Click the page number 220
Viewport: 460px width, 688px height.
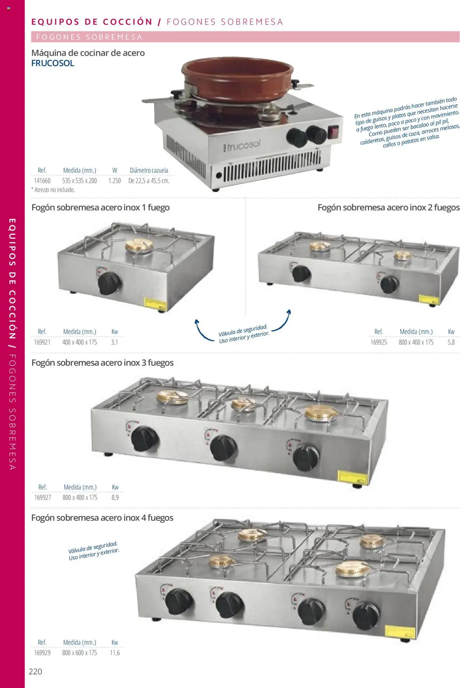pos(35,671)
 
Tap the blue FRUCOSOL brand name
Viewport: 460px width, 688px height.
pos(53,63)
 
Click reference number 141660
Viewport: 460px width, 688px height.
pos(42,181)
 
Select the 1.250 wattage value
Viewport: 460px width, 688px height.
pos(115,181)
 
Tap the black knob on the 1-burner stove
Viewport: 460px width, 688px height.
pos(109,283)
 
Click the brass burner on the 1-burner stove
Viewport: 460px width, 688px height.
pos(139,246)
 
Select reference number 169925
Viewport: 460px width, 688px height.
pos(378,342)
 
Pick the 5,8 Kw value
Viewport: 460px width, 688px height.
pos(451,342)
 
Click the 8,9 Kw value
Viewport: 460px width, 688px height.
pos(115,497)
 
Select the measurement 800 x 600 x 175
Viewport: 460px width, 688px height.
pos(79,653)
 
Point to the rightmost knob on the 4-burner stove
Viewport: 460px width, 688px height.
pos(366,615)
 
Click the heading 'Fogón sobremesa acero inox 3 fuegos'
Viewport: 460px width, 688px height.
pos(102,363)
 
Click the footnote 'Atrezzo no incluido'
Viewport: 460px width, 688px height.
pos(54,190)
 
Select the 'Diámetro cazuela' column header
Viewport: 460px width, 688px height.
pos(149,170)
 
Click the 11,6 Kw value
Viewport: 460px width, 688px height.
pos(115,653)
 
